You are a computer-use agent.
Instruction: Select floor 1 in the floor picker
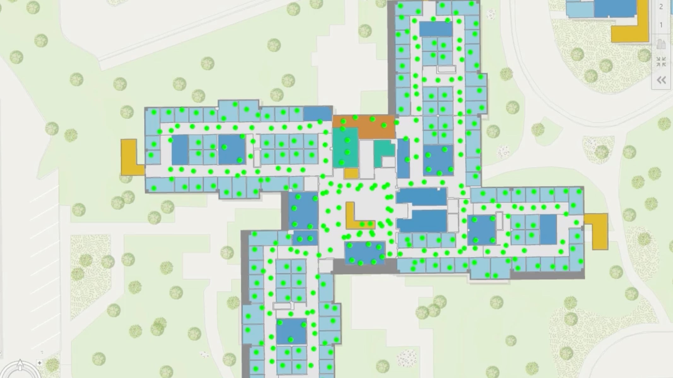[x=661, y=25]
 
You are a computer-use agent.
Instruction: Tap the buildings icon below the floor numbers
[x=661, y=44]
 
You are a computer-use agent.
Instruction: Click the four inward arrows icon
[x=661, y=62]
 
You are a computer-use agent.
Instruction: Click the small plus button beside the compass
[x=39, y=363]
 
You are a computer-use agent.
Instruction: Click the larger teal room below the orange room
[x=345, y=147]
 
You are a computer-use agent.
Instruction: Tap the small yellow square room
[x=351, y=174]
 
